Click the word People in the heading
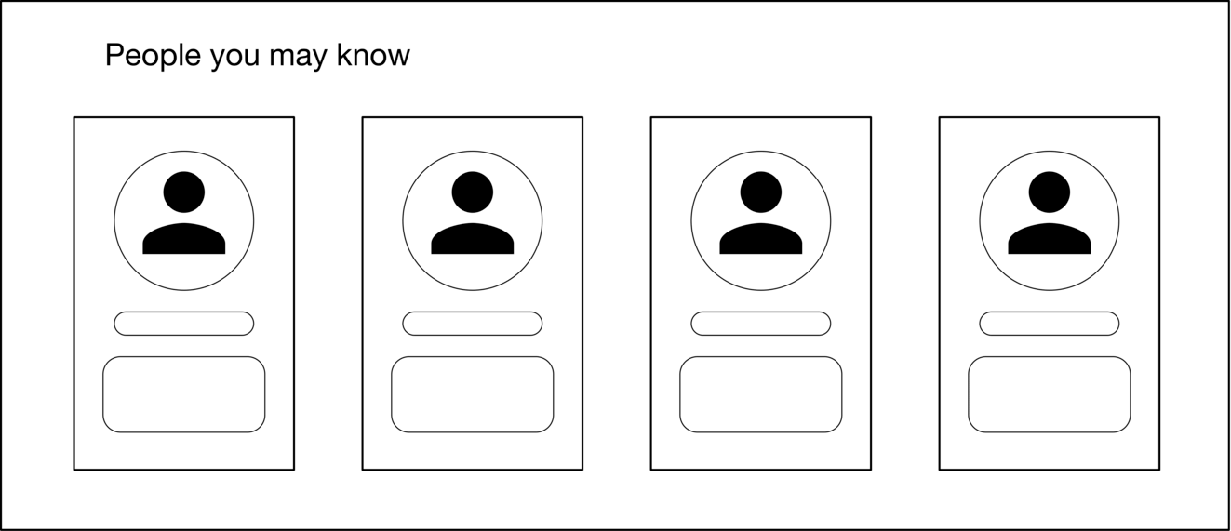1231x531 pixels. point(153,56)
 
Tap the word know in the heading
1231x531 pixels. point(373,55)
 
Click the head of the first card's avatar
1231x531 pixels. point(184,192)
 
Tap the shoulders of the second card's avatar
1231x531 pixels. point(473,239)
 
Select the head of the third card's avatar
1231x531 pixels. point(761,192)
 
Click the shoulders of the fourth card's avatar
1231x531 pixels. point(1050,239)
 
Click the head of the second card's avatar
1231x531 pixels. point(473,192)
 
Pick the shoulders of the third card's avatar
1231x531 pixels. point(761,239)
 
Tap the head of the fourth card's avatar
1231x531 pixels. point(1050,192)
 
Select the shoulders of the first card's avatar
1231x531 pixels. point(184,239)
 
